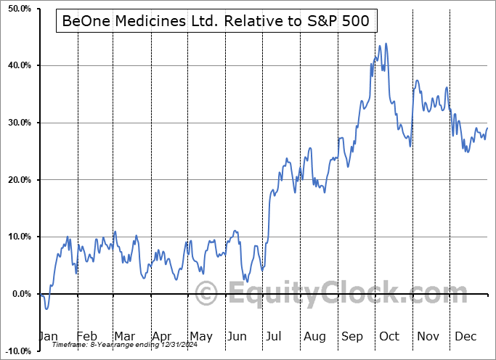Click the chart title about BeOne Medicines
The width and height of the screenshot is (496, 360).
[216, 22]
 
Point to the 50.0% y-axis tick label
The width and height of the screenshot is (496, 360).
[18, 9]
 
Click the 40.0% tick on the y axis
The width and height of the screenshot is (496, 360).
[18, 66]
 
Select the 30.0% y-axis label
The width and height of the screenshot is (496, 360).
[18, 123]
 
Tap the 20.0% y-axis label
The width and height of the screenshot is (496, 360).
[18, 180]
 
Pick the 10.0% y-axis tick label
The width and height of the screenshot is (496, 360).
[18, 237]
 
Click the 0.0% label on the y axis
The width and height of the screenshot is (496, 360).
[20, 294]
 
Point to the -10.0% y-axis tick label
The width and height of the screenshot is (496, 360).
[17, 351]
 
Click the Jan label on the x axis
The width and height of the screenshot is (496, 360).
[48, 337]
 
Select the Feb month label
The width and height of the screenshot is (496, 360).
[86, 337]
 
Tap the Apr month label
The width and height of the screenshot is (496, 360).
[163, 337]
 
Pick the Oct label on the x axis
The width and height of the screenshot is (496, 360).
[389, 337]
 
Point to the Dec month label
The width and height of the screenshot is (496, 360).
[465, 337]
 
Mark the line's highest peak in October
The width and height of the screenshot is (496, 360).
[386, 44]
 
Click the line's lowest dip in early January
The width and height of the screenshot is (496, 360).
[46, 309]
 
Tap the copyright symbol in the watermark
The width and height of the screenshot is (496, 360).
[208, 294]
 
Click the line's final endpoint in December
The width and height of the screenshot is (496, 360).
[487, 128]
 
